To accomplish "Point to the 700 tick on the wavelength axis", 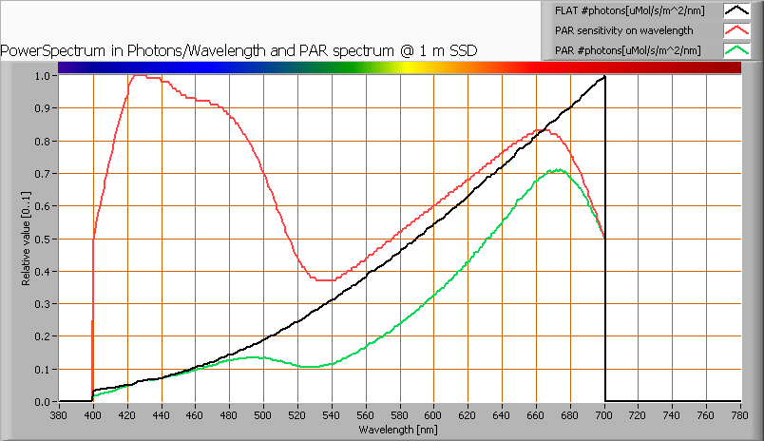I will (604, 415).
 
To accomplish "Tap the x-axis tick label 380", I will (59, 415).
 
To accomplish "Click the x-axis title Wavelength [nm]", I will (399, 430).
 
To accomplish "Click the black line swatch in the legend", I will (736, 10).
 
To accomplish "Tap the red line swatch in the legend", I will (736, 30).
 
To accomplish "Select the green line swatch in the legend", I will (736, 50).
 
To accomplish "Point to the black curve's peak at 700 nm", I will (604, 76).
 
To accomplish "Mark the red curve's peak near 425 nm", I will (136, 76).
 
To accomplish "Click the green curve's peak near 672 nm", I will (558, 170).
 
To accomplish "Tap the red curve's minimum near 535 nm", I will (324, 280).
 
